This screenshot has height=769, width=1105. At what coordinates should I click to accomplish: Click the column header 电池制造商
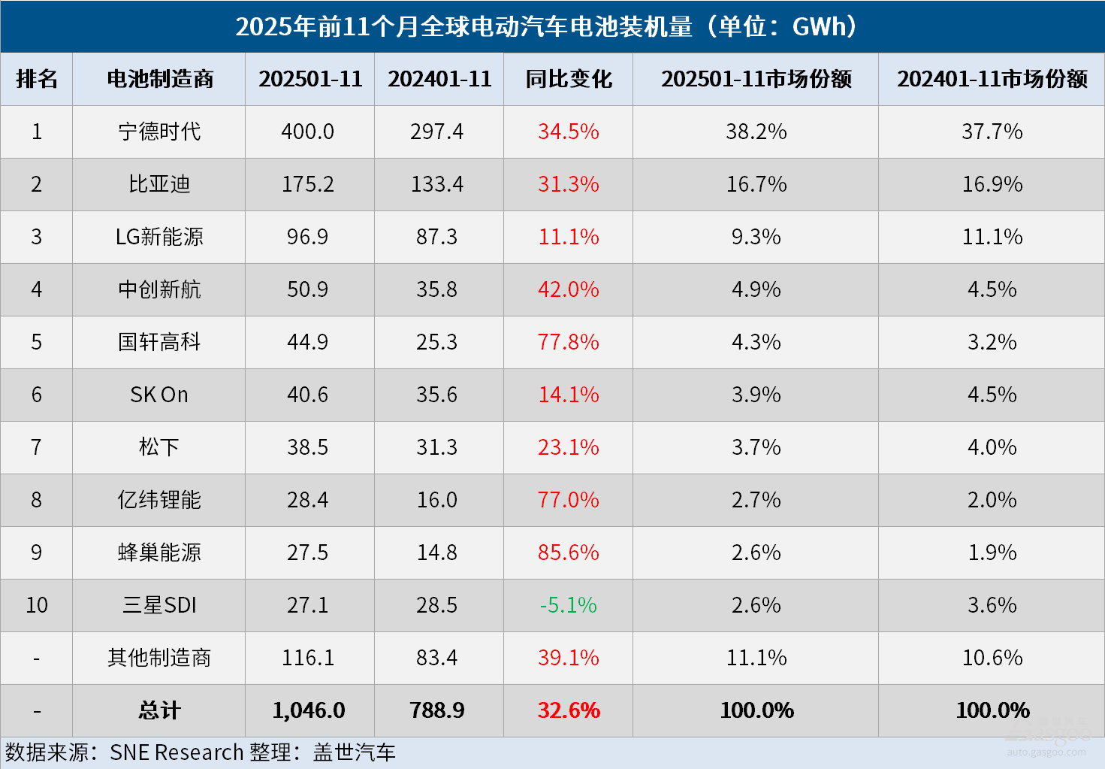(x=159, y=79)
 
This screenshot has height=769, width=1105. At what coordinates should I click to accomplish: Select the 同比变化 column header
(x=569, y=79)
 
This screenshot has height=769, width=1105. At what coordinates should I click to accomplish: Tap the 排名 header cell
(x=36, y=79)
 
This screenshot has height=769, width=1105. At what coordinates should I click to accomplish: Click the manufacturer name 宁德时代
(x=159, y=132)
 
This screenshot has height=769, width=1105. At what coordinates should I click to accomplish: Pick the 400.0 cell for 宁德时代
(x=308, y=132)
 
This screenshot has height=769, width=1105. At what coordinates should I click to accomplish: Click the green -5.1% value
(x=568, y=605)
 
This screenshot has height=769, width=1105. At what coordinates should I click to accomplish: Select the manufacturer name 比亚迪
(x=159, y=184)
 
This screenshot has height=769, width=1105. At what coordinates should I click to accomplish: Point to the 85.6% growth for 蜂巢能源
(x=568, y=553)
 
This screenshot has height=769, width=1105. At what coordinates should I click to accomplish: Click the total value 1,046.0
(x=309, y=710)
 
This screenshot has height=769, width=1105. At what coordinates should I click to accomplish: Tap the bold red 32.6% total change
(x=569, y=710)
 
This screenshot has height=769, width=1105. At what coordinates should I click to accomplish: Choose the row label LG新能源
(x=159, y=237)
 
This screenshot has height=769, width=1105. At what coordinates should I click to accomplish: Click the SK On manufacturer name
(x=159, y=395)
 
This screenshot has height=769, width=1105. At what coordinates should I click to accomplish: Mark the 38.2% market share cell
(x=756, y=132)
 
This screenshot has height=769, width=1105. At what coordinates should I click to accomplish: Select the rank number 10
(x=36, y=605)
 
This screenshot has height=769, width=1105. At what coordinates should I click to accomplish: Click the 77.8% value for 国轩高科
(x=568, y=342)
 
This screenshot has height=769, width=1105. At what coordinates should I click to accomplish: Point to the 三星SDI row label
(x=159, y=605)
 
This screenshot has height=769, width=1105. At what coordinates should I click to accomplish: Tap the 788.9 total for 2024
(x=437, y=710)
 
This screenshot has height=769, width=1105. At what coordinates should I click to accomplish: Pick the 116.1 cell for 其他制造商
(x=308, y=658)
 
